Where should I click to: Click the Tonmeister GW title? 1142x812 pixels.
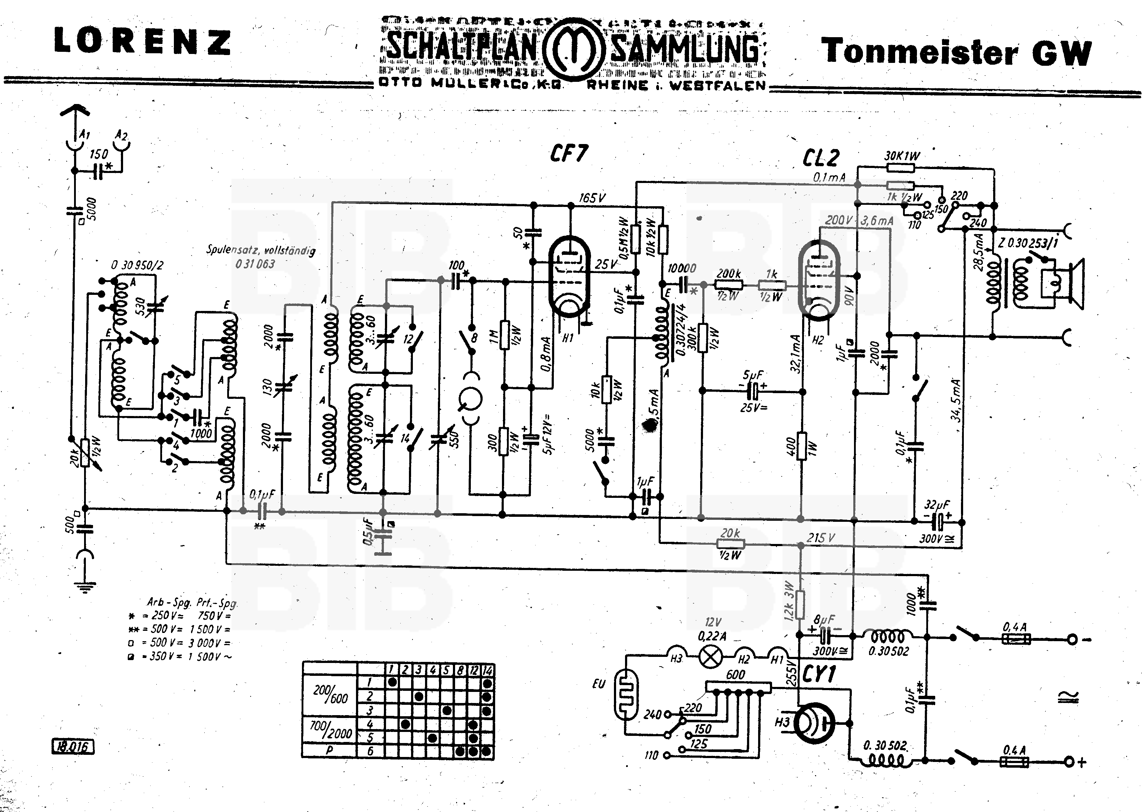956,52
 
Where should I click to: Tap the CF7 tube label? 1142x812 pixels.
568,153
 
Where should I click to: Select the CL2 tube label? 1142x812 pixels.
821,158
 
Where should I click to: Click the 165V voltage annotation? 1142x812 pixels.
592,198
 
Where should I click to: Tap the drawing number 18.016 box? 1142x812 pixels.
73,747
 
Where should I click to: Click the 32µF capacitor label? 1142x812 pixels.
936,505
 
